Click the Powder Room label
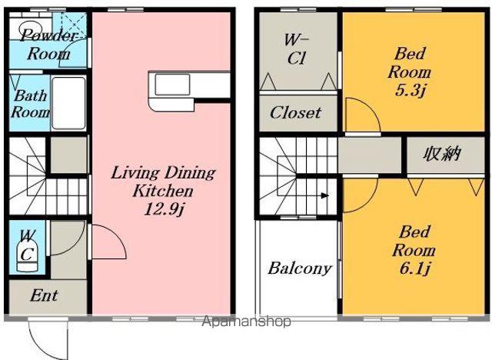48,45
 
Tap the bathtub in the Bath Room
68,103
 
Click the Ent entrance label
44,295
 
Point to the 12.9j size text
164,209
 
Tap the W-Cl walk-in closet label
297,49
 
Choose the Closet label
295,112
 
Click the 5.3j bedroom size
410,91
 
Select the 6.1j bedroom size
414,268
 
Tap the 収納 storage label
442,154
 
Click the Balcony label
300,268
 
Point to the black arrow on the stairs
324,196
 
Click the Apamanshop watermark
246,321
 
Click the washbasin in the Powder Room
28,26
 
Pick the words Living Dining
163,173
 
